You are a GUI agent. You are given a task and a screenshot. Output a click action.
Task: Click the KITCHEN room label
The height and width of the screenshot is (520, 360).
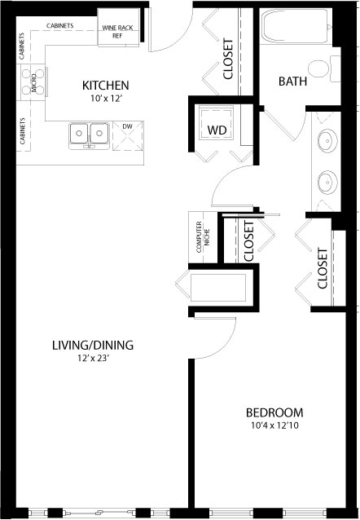click(106, 86)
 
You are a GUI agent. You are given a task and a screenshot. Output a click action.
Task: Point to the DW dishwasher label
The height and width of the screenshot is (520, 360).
click(126, 126)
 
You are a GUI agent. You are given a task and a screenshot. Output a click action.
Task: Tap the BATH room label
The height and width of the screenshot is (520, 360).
click(293, 82)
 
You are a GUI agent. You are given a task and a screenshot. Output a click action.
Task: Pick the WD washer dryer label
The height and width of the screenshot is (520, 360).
click(217, 130)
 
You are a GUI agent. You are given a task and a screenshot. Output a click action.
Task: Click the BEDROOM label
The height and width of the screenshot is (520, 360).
click(275, 412)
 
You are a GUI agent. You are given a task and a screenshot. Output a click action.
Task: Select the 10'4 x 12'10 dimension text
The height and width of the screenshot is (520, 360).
click(275, 425)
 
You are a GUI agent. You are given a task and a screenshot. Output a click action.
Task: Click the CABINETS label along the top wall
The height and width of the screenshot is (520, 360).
click(60, 25)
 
